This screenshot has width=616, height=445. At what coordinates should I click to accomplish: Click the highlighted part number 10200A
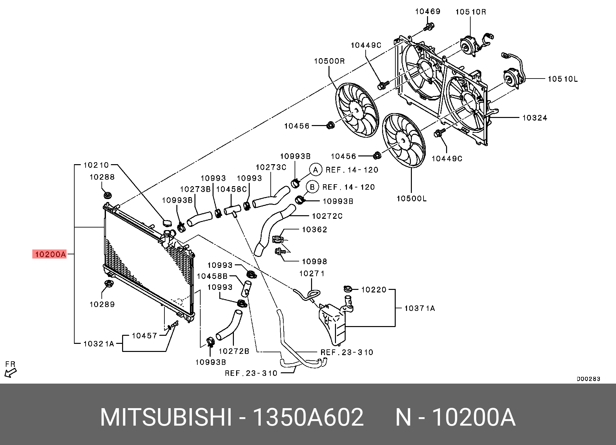50,254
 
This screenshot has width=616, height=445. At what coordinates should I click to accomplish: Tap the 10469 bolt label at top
428,12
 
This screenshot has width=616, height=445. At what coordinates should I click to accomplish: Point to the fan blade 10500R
356,110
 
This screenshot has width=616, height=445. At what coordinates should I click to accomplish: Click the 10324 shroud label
535,118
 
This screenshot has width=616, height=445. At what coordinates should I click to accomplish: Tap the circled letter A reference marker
316,170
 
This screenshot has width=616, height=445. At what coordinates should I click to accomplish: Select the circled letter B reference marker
312,187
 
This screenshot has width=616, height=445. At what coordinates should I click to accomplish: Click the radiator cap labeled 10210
167,223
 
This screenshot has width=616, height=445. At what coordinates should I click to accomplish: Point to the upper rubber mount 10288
107,196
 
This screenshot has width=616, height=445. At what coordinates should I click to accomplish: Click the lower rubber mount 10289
108,284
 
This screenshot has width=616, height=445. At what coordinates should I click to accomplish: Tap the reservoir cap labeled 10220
348,289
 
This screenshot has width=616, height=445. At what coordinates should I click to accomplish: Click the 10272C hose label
327,216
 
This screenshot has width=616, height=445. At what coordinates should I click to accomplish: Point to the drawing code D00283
588,379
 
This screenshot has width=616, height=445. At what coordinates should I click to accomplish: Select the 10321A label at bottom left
99,344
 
